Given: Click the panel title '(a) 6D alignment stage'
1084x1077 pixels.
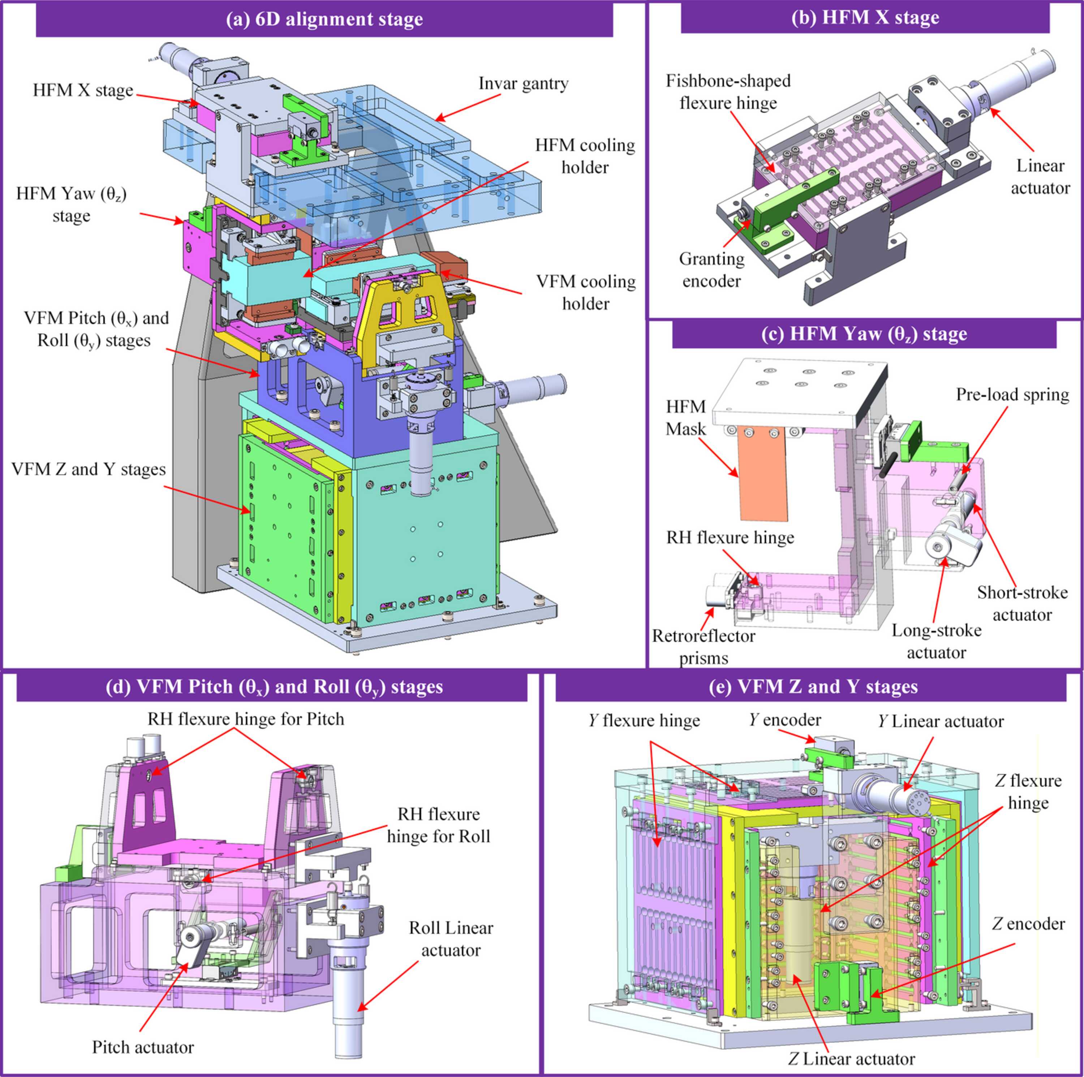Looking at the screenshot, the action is pos(324,19).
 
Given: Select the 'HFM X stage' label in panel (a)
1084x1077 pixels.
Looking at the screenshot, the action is pos(83,90).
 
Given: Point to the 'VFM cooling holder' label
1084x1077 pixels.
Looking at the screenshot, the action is pos(586,292).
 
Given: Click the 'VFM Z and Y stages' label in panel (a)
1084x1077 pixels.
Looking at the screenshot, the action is pos(89,469).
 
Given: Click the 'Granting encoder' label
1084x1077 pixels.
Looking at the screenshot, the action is pos(711,270).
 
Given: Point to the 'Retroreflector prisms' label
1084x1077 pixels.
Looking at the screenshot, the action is pos(704,647).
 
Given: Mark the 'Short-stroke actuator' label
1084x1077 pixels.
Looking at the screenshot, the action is pos(1022,604).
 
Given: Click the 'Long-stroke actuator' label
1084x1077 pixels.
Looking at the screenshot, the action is pos(937,642).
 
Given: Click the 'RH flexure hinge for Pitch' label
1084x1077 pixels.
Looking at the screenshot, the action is pos(246,719).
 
